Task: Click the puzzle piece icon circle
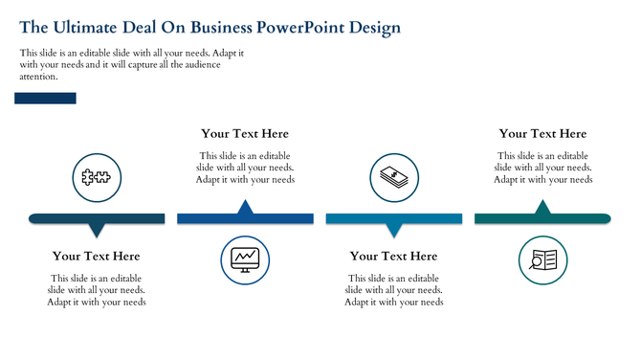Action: pyautogui.click(x=96, y=177)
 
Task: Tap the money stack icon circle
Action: pyautogui.click(x=393, y=177)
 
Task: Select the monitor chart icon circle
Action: pyautogui.click(x=245, y=259)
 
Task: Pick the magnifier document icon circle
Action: pyautogui.click(x=542, y=259)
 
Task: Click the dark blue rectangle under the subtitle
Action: pyautogui.click(x=45, y=98)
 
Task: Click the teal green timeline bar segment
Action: pyautogui.click(x=542, y=219)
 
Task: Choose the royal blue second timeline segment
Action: pyautogui.click(x=245, y=219)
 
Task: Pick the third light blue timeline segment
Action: pyautogui.click(x=393, y=219)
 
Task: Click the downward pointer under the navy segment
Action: pyautogui.click(x=96, y=230)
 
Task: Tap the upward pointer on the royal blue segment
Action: pyautogui.click(x=245, y=208)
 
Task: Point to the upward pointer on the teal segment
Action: pyautogui.click(x=542, y=208)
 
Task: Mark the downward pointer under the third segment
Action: pyautogui.click(x=393, y=230)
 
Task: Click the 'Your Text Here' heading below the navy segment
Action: pyautogui.click(x=96, y=256)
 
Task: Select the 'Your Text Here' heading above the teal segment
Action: pyautogui.click(x=542, y=134)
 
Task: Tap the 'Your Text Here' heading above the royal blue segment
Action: pyautogui.click(x=245, y=134)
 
